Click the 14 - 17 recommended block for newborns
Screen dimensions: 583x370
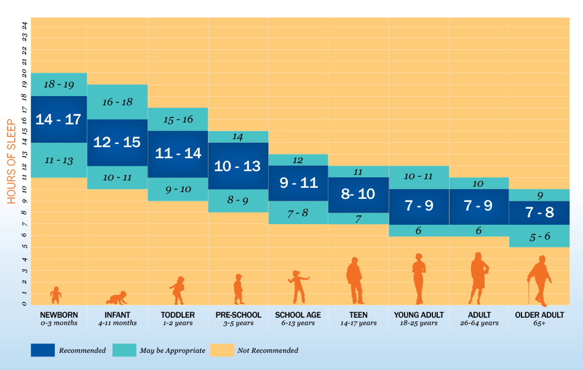59,119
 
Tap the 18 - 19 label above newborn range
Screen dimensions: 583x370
59,84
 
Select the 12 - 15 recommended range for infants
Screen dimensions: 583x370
117,142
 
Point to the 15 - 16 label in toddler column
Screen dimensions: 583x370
178,119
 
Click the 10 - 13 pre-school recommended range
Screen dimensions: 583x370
238,166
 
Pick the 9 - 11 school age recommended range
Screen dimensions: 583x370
298,183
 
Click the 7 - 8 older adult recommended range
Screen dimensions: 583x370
539,212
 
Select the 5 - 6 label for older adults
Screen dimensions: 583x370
540,236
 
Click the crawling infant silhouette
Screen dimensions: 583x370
117,298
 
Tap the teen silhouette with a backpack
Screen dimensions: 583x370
355,281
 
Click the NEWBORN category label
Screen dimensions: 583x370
59,315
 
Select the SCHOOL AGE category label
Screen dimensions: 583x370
298,315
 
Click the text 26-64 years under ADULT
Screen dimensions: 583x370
479,323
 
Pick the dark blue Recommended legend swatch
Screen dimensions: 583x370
43,350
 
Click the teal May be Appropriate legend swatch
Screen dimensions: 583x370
124,350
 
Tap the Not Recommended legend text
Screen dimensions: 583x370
268,350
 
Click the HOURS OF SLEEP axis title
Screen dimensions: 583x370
12,161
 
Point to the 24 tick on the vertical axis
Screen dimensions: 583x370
25,25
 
